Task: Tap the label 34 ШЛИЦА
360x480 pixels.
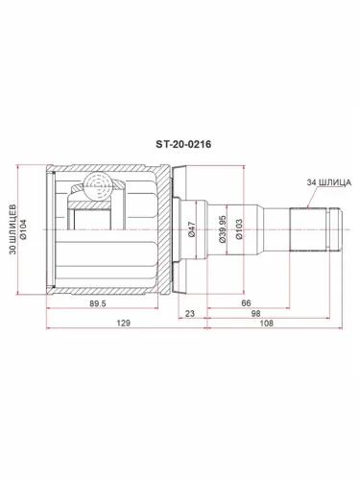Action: (325, 181)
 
